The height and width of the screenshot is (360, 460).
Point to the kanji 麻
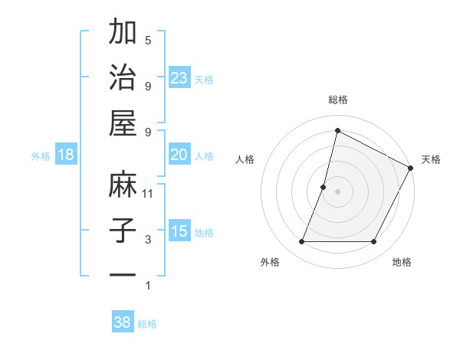click(x=123, y=185)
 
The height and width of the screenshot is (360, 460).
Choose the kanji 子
click(x=123, y=230)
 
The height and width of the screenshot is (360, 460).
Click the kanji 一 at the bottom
click(x=123, y=274)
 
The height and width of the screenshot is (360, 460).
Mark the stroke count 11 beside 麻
click(x=149, y=194)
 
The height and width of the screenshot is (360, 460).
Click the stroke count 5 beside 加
click(x=148, y=41)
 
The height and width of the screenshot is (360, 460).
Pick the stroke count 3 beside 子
click(x=148, y=240)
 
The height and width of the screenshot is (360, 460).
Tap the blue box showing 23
click(x=179, y=77)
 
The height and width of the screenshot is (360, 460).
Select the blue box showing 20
click(x=179, y=155)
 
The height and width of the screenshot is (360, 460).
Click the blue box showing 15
click(x=179, y=231)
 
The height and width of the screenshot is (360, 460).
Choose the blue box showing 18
click(x=66, y=155)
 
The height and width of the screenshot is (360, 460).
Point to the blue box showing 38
click(x=123, y=322)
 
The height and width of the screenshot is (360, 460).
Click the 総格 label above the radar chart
click(x=337, y=100)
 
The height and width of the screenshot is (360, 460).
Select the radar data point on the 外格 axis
click(x=301, y=242)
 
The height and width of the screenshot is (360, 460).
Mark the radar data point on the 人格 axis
click(x=324, y=187)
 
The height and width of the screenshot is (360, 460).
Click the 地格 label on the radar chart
click(x=402, y=263)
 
